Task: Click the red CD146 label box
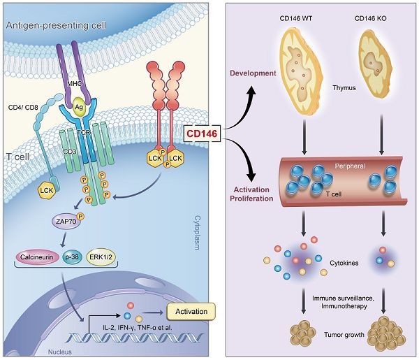(x=203, y=134)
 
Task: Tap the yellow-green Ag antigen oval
(x=78, y=107)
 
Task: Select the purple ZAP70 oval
(x=66, y=221)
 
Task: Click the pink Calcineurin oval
(x=37, y=257)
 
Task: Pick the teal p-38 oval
(x=72, y=257)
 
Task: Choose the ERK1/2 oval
(x=101, y=257)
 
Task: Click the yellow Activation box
(x=191, y=312)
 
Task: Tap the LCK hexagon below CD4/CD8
(x=47, y=190)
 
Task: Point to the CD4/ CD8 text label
(x=23, y=108)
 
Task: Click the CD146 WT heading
(x=296, y=18)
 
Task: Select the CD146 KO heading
(x=370, y=18)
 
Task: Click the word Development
(x=253, y=73)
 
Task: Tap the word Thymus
(x=344, y=87)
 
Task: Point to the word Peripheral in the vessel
(x=350, y=166)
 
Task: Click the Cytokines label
(x=344, y=263)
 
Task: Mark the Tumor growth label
(x=344, y=335)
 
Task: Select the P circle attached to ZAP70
(x=80, y=216)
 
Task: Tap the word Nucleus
(x=60, y=352)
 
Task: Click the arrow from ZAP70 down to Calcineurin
(x=64, y=240)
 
